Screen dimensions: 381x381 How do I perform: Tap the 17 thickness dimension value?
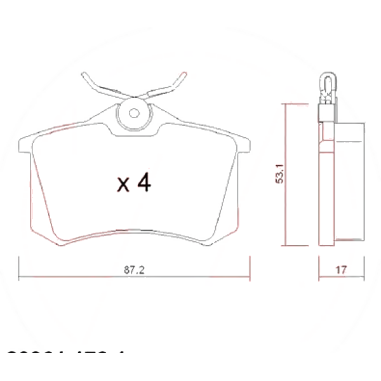point(340,269)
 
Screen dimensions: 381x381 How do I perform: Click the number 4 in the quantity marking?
point(144,184)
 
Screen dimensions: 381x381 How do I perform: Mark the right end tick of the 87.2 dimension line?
point(250,267)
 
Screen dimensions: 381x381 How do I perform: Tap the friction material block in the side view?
point(349,181)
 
